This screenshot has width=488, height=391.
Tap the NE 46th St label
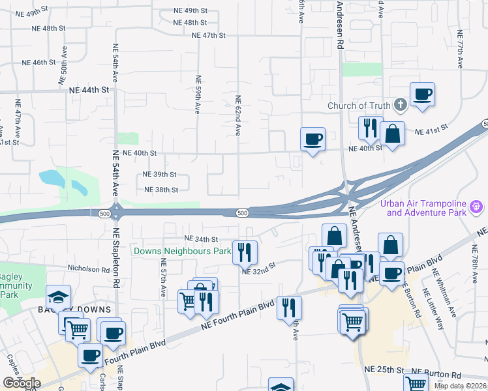click(x=38, y=63)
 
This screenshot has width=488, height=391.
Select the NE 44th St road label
click(x=87, y=91)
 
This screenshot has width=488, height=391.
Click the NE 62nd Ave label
click(x=238, y=115)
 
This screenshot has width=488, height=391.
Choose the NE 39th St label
click(x=160, y=174)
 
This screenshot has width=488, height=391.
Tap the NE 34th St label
click(x=200, y=239)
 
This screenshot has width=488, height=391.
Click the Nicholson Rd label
click(x=87, y=268)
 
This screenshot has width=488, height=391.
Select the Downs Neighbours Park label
click(x=182, y=251)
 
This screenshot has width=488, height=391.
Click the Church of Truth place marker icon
click(x=400, y=106)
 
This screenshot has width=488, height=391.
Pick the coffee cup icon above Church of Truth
click(x=423, y=93)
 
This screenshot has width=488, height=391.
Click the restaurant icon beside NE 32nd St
click(x=245, y=252)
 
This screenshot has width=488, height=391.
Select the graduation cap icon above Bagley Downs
click(x=58, y=297)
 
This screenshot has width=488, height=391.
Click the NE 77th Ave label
click(x=460, y=49)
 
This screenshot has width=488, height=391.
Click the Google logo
click(x=22, y=383)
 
